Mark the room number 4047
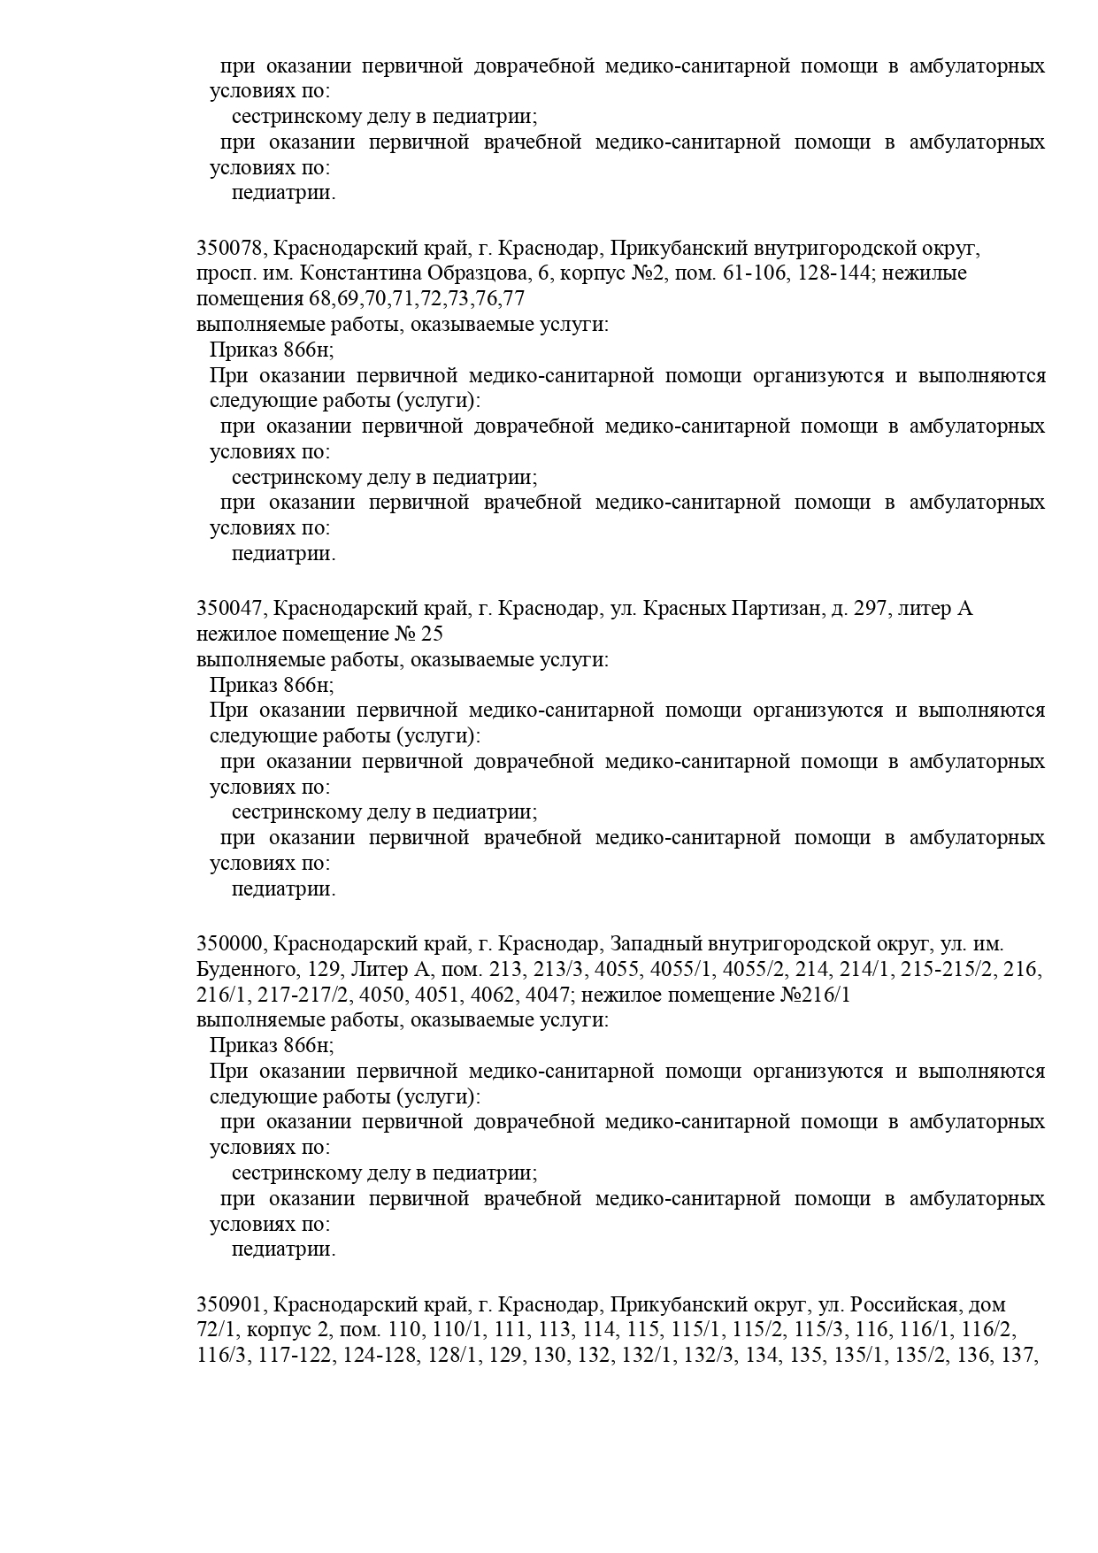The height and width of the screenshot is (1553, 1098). (x=547, y=995)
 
